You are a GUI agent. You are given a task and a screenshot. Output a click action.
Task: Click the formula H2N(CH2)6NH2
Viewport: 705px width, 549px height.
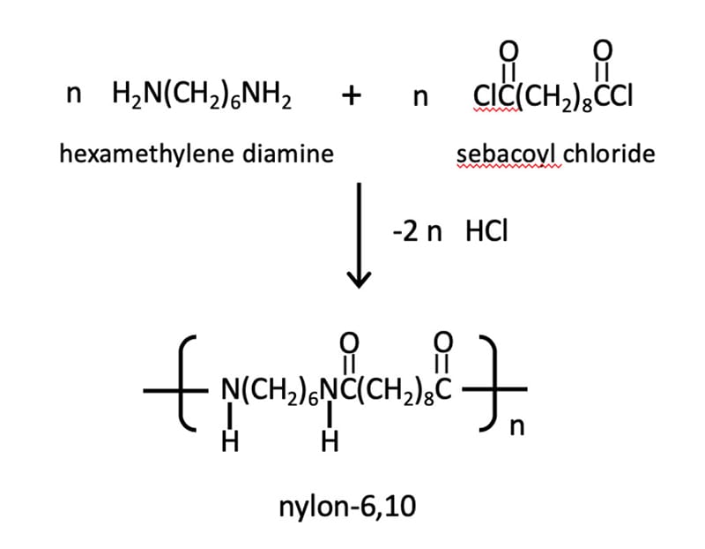click(203, 94)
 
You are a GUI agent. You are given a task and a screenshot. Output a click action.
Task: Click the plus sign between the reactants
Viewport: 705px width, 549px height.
click(352, 95)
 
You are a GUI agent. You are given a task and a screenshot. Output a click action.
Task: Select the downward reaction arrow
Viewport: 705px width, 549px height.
click(358, 234)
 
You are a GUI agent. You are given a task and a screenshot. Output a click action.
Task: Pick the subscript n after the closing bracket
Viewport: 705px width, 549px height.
click(517, 428)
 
